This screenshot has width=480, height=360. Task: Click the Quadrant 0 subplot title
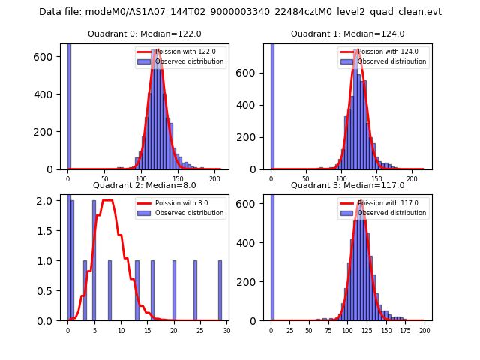coord(144,34)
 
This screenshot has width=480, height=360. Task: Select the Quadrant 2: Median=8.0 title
coord(144,185)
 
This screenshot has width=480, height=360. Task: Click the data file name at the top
coord(240,12)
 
